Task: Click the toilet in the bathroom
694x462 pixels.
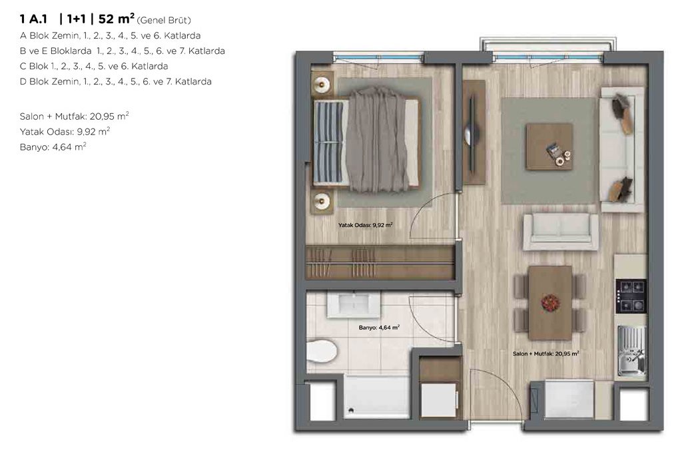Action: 322,350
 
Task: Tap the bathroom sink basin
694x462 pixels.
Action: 354,304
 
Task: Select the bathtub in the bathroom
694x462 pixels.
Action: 376,397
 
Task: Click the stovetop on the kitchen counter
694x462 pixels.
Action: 631,296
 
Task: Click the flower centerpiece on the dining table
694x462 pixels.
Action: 550,303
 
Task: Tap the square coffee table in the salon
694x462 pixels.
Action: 549,146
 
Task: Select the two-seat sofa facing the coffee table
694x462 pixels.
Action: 561,232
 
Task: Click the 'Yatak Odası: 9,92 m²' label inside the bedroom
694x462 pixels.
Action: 366,225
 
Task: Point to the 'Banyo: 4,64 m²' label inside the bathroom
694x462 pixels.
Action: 380,328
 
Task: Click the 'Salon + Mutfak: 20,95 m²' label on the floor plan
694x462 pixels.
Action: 546,353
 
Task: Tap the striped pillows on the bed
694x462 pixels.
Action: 328,142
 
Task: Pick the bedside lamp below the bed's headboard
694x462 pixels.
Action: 322,202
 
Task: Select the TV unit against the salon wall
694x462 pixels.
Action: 474,132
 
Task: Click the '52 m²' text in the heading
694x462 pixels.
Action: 117,19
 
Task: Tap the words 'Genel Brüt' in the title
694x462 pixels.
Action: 164,20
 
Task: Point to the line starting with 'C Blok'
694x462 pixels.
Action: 94,67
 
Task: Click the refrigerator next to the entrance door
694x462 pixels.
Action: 569,399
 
